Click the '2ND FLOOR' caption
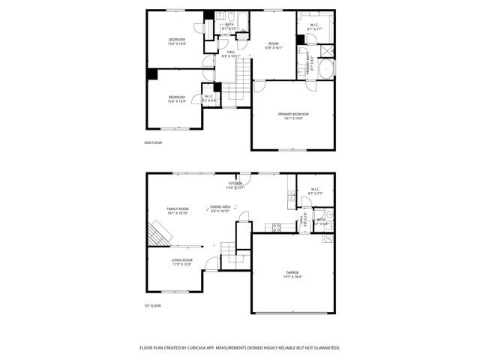click(153, 142)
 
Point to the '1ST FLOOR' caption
click(153, 305)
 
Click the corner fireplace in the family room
click(157, 232)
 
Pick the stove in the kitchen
click(276, 227)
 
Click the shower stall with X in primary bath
click(326, 51)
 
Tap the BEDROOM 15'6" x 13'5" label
click(176, 41)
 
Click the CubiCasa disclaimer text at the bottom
click(240, 348)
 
